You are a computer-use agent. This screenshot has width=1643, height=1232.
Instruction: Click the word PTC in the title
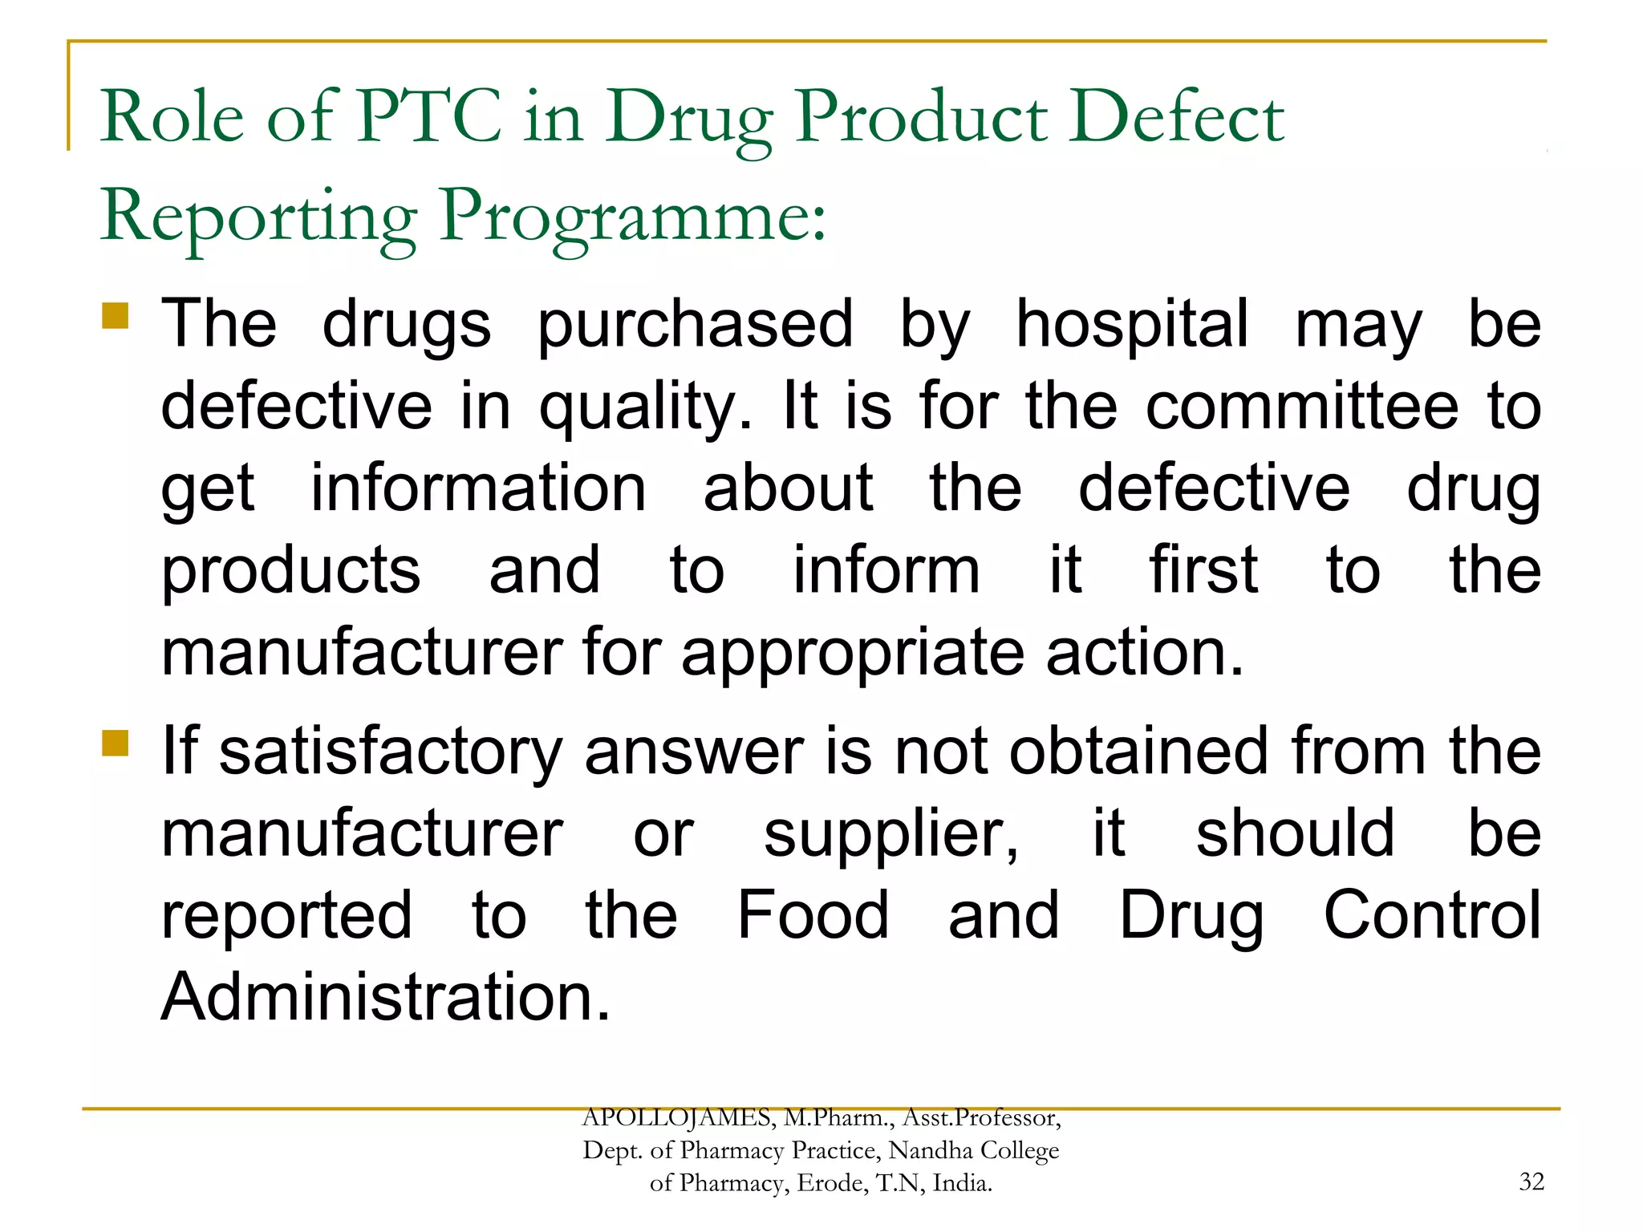click(430, 116)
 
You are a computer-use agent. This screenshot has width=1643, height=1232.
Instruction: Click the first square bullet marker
click(116, 315)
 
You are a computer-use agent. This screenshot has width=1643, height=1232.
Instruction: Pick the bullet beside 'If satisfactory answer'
click(116, 743)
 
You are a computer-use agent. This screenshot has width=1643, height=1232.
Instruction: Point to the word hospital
click(1133, 325)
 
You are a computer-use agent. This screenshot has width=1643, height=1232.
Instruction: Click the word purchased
click(695, 325)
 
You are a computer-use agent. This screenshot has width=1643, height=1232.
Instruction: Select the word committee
click(1301, 406)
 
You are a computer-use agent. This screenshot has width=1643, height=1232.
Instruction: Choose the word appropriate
click(853, 651)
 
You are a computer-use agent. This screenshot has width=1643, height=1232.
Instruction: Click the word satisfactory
click(391, 752)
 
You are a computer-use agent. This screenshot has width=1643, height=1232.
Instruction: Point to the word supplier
click(890, 834)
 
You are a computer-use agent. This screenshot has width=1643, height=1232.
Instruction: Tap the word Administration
click(386, 997)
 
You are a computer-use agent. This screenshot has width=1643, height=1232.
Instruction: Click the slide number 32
click(1531, 1181)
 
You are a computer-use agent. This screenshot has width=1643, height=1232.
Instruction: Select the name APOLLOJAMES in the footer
click(676, 1117)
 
